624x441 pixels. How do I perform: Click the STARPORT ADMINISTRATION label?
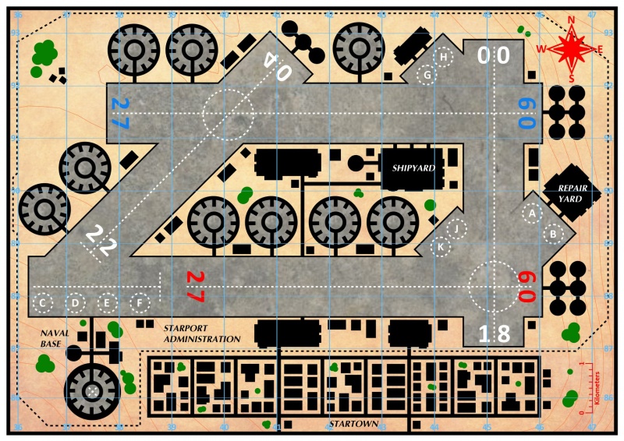click(x=201, y=333)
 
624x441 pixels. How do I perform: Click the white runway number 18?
click(x=494, y=333)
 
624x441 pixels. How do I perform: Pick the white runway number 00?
click(x=494, y=56)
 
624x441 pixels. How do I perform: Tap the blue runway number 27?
click(x=119, y=114)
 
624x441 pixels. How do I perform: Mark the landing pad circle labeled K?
click(x=441, y=247)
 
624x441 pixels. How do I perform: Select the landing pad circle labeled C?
click(x=44, y=302)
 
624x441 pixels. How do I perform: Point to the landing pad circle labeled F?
click(x=140, y=302)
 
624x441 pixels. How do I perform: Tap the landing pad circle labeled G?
click(x=427, y=76)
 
